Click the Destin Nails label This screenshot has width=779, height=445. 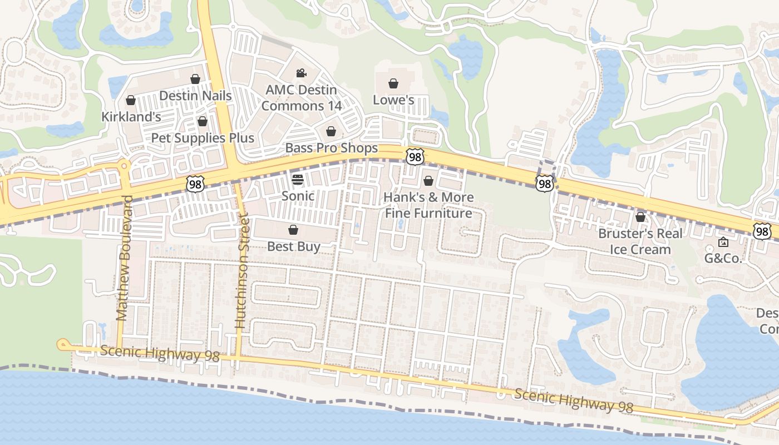pyautogui.click(x=195, y=96)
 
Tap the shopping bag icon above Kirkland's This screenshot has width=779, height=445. pyautogui.click(x=131, y=100)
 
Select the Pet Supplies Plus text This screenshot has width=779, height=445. pyautogui.click(x=203, y=138)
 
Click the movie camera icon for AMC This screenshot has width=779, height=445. pyautogui.click(x=301, y=73)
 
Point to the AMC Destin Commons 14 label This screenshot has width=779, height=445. pyautogui.click(x=301, y=97)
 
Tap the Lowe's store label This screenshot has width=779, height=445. pyautogui.click(x=393, y=100)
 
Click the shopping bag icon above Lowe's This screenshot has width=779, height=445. pyautogui.click(x=393, y=83)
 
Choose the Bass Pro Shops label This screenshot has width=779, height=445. pyautogui.click(x=331, y=148)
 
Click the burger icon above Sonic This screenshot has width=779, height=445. pyautogui.click(x=298, y=179)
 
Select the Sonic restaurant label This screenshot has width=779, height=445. pyautogui.click(x=298, y=196)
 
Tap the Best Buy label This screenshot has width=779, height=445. pyautogui.click(x=293, y=246)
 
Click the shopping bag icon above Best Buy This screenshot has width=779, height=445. pyautogui.click(x=293, y=230)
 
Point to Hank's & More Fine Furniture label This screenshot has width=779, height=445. pyautogui.click(x=428, y=205)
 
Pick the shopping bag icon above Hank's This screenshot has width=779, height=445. pyautogui.click(x=428, y=181)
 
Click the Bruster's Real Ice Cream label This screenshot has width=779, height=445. pyautogui.click(x=640, y=241)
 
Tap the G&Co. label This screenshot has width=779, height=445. pyautogui.click(x=723, y=258)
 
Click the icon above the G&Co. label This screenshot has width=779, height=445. pyautogui.click(x=723, y=242)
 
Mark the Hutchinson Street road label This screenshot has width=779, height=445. pyautogui.click(x=241, y=273)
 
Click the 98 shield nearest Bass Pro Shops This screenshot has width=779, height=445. pyautogui.click(x=415, y=157)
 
